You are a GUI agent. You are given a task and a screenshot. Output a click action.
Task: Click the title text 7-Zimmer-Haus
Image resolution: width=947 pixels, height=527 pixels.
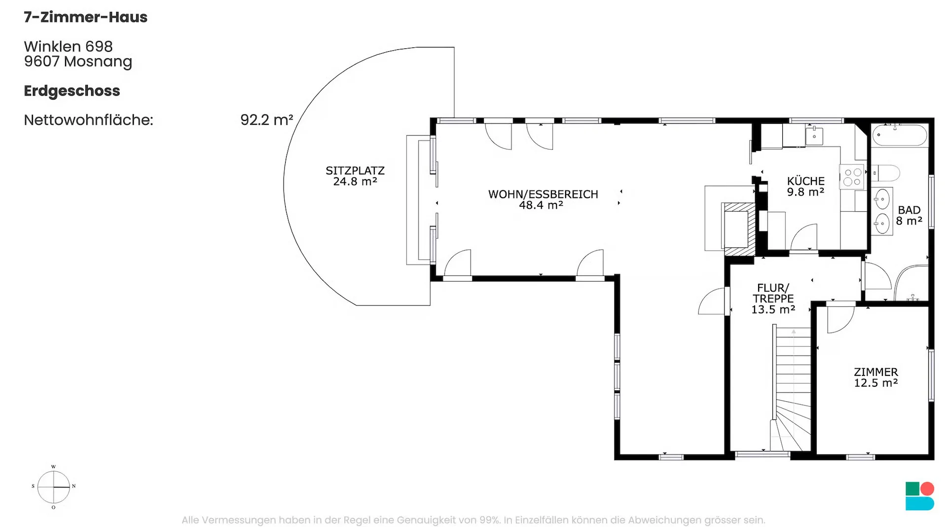[85, 17]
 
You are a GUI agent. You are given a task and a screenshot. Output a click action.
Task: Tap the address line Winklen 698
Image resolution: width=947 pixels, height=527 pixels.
[68, 46]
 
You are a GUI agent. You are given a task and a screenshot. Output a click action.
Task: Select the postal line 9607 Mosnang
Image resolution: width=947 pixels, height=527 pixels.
[78, 62]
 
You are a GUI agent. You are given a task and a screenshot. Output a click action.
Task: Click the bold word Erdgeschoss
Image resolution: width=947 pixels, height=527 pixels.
[72, 91]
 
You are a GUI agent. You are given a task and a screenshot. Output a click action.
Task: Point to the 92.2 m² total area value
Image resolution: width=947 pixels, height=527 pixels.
[266, 120]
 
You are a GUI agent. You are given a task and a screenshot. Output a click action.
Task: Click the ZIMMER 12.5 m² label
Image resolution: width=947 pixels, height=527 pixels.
[876, 377]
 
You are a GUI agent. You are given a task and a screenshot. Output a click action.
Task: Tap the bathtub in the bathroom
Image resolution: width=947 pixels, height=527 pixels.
[900, 135]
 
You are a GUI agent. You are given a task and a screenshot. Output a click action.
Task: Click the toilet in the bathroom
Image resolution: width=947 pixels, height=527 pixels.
[886, 173]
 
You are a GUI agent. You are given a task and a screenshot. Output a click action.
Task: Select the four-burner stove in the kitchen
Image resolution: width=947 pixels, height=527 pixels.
[852, 177]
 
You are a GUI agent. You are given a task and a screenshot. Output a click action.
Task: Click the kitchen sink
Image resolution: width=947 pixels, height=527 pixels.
[814, 136]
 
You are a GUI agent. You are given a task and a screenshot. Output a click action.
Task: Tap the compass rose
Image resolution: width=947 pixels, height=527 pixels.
[54, 487]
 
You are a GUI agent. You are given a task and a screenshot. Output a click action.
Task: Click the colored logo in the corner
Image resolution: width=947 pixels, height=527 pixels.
[920, 496]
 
